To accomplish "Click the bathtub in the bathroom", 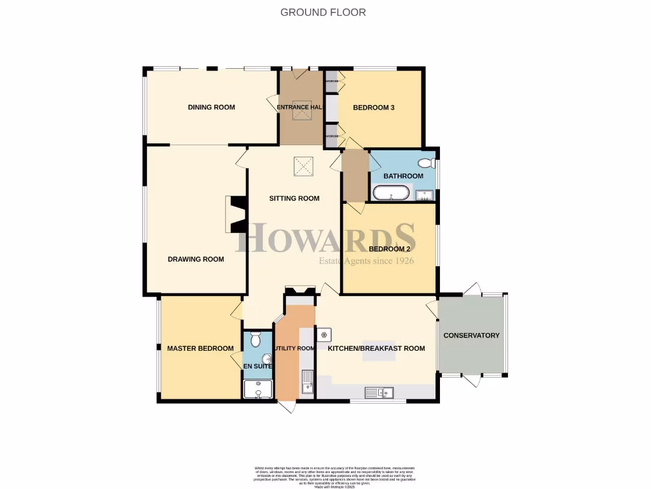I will [x=391, y=193].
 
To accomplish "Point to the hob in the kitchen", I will [x=324, y=334].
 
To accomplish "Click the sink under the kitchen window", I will [x=379, y=392].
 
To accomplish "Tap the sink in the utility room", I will [x=307, y=381].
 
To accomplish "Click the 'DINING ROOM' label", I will [x=211, y=107].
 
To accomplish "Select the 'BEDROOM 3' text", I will [x=374, y=108].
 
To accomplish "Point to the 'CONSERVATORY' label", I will [x=471, y=336].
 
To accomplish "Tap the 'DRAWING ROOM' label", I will [x=196, y=259].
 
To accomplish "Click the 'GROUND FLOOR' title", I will [x=324, y=12].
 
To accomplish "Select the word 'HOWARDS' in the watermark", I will [x=326, y=238].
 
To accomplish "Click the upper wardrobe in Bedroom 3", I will [x=331, y=81].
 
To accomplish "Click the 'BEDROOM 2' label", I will [x=388, y=249].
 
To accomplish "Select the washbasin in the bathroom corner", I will [x=424, y=195].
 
